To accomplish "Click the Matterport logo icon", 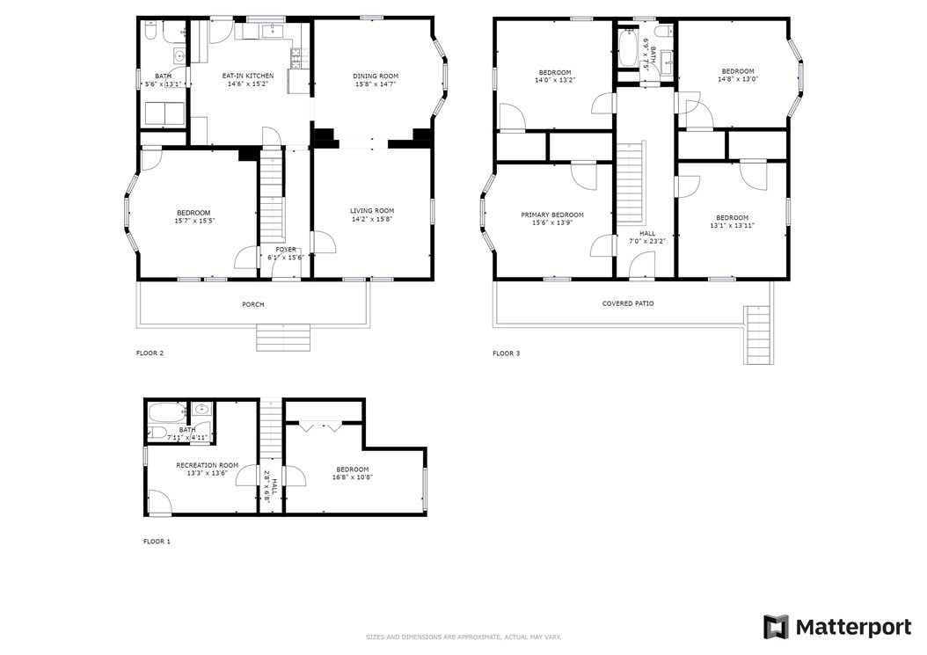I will click(776, 627).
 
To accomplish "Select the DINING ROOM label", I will click(376, 76).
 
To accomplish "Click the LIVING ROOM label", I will click(372, 211).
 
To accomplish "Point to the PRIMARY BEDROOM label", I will click(552, 215).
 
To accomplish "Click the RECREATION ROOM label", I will click(208, 465).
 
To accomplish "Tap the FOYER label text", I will click(286, 250).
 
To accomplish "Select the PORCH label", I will click(253, 304).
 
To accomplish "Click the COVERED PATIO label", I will click(628, 303).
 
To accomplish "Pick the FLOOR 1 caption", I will click(157, 542).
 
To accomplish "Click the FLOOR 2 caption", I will click(150, 353).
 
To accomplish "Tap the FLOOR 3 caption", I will click(506, 353).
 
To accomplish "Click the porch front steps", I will click(283, 337).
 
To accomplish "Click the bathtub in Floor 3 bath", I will click(628, 48).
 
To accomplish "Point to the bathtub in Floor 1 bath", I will click(167, 411).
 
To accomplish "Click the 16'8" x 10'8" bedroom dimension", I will click(353, 478).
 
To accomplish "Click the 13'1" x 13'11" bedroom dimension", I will click(732, 225).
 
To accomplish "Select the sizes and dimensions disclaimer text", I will click(463, 637).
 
